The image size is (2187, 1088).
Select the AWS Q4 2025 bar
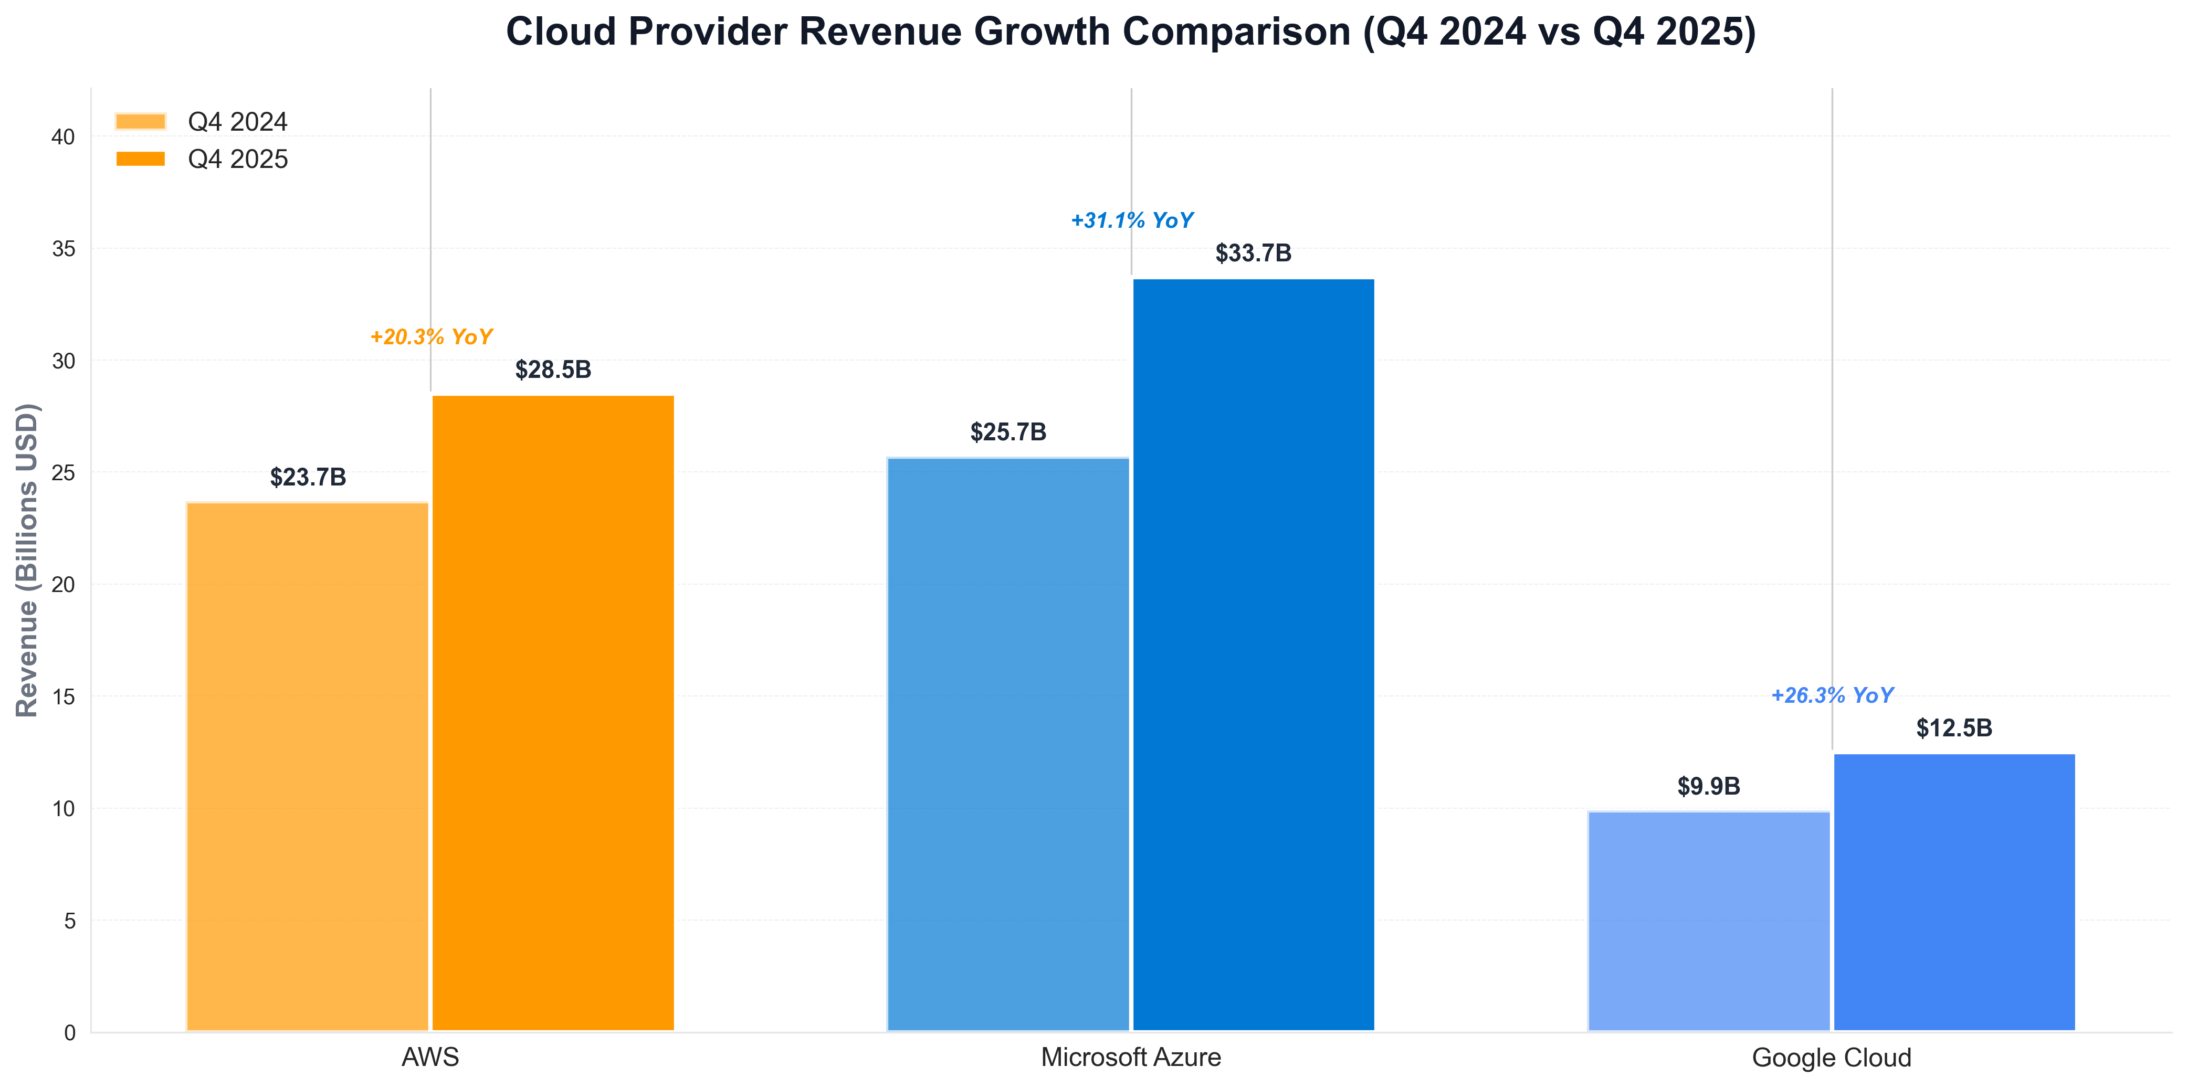pyautogui.click(x=553, y=713)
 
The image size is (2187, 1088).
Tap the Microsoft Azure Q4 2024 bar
pyautogui.click(x=1008, y=744)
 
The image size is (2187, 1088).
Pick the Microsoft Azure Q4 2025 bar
pyautogui.click(x=1253, y=654)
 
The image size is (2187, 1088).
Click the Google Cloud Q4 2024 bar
pyautogui.click(x=1708, y=921)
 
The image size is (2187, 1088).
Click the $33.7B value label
pyautogui.click(x=1253, y=253)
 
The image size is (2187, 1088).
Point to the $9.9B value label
pyautogui.click(x=1708, y=786)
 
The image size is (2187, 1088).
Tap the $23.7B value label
pyautogui.click(x=307, y=477)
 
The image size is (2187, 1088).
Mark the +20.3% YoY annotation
pyautogui.click(x=430, y=337)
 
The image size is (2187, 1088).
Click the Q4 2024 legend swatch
pyautogui.click(x=141, y=121)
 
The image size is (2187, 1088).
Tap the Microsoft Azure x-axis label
pyautogui.click(x=1131, y=1058)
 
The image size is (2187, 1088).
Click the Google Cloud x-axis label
pyautogui.click(x=1831, y=1058)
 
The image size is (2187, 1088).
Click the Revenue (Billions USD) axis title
pyautogui.click(x=27, y=560)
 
